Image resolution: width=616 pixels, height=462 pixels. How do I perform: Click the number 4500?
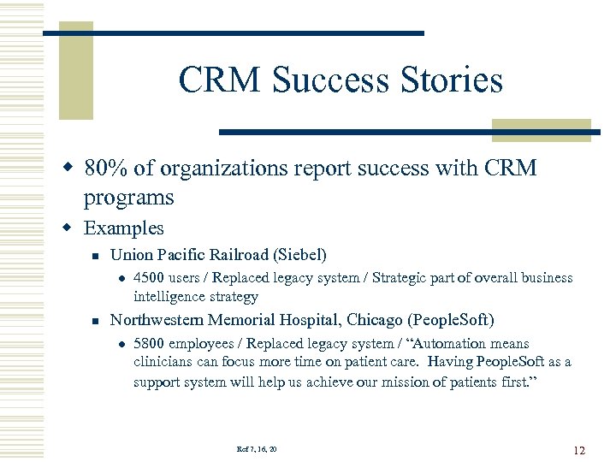[x=150, y=278]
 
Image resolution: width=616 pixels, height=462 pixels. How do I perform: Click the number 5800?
[x=150, y=344]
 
